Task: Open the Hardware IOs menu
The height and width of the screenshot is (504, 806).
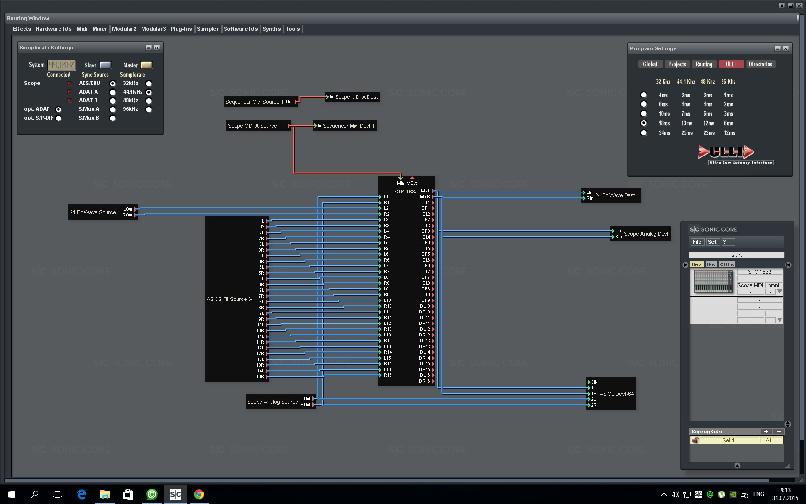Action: point(53,29)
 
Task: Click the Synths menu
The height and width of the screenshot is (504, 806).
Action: point(271,29)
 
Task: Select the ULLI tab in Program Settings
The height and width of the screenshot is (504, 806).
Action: point(731,64)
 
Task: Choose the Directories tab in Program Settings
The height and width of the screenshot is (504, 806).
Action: point(760,64)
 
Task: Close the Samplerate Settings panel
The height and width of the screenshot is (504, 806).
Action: point(157,48)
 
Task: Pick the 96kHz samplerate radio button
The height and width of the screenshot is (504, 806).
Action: point(149,109)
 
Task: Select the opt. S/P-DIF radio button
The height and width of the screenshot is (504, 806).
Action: point(59,118)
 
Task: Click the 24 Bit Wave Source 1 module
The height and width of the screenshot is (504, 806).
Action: point(95,212)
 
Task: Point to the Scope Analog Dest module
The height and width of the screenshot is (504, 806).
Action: point(646,234)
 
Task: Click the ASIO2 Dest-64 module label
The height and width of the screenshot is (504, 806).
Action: point(616,394)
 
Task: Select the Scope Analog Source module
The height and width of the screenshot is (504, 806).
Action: point(273,402)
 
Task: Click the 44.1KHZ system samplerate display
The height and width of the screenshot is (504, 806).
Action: point(61,65)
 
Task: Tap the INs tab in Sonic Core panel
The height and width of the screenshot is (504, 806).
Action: point(711,264)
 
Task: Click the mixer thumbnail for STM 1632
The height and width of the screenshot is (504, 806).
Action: point(713,282)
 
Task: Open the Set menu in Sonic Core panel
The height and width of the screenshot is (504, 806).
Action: point(712,242)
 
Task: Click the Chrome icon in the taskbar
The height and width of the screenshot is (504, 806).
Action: point(199,494)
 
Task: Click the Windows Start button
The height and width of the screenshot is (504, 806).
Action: point(12,494)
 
